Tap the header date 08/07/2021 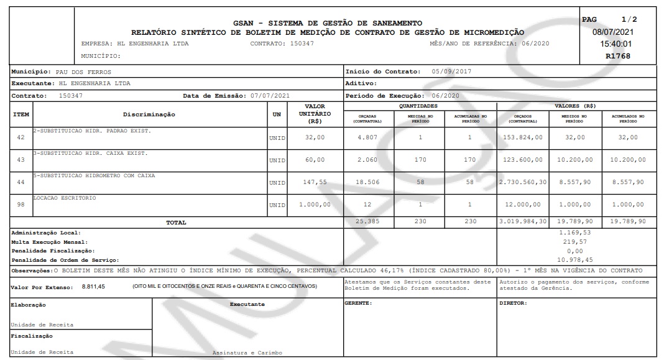[614, 32]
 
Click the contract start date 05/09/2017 [451, 72]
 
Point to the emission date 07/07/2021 [270, 96]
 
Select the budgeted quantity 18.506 [364, 182]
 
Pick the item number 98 [21, 204]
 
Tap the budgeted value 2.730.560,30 [522, 182]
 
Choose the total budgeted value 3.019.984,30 [522, 221]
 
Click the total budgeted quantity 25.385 [364, 221]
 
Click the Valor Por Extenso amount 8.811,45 [94, 286]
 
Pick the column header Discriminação [149, 114]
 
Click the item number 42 [21, 137]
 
